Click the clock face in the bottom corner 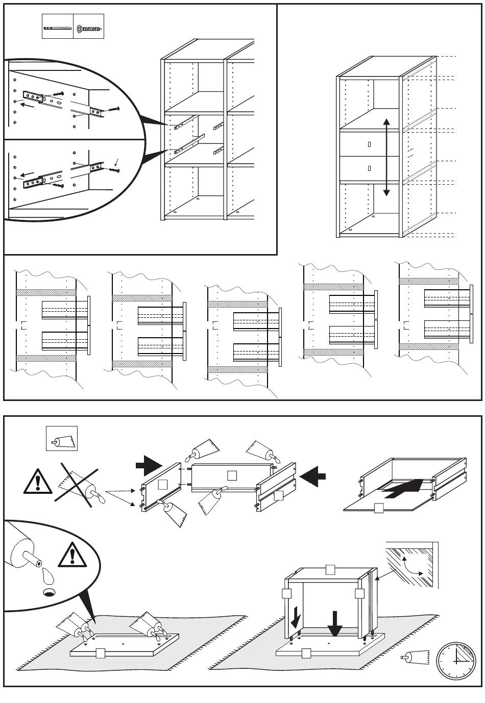tap(456, 661)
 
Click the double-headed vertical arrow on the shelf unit tap(386, 157)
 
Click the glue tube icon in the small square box tap(62, 439)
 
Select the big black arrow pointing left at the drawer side tap(312, 477)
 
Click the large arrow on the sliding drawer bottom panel tap(403, 488)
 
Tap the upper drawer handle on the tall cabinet tap(369, 144)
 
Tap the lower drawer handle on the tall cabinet tap(369, 168)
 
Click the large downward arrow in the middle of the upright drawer tap(335, 623)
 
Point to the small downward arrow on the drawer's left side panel tap(296, 620)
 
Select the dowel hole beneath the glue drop tap(49, 592)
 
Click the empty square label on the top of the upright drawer tap(330, 569)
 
